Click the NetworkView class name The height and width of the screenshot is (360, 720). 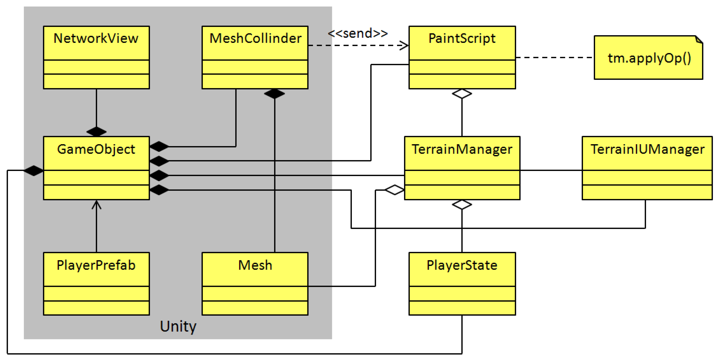96,38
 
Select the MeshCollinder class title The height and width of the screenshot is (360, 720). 255,38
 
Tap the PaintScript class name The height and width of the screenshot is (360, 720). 462,38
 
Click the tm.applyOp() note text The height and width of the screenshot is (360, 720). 649,58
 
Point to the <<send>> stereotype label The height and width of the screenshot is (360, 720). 358,33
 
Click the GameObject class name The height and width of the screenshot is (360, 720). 96,149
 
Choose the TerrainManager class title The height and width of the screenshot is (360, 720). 462,149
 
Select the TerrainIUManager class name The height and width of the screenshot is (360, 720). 647,149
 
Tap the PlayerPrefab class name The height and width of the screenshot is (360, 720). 96,265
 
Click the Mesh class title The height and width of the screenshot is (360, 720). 255,265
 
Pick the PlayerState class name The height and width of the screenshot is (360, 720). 462,265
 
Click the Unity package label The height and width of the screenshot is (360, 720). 178,326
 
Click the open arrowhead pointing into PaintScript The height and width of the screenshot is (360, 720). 404,45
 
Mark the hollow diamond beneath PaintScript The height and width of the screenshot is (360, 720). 462,94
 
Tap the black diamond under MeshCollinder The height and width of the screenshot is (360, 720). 274,94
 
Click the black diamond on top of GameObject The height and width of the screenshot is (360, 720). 96,131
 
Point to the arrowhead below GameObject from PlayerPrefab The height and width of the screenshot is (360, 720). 96,205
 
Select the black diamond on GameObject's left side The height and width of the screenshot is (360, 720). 33,170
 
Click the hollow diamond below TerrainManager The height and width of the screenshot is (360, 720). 462,204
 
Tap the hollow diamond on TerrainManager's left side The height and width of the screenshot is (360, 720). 394,190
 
